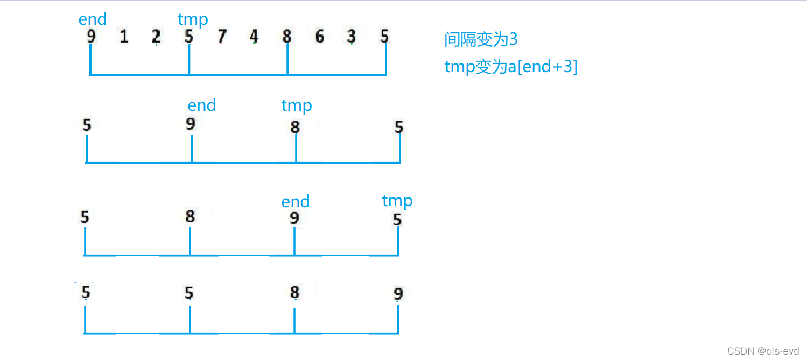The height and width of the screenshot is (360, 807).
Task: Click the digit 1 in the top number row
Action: [124, 37]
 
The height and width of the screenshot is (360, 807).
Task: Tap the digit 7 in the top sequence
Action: [222, 37]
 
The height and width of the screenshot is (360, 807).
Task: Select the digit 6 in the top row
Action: [320, 37]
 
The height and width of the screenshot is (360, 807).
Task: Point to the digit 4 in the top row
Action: [254, 37]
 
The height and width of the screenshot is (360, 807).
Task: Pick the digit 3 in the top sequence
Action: [352, 37]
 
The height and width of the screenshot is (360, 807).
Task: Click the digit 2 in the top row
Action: [156, 37]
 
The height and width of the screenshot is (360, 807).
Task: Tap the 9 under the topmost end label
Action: [91, 37]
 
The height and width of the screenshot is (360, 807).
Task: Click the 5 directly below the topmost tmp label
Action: [189, 37]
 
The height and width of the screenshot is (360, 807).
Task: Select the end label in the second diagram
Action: [202, 105]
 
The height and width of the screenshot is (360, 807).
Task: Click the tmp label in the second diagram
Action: [297, 105]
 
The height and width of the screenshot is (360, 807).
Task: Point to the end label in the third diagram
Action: [296, 202]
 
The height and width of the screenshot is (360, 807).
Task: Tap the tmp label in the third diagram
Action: [397, 201]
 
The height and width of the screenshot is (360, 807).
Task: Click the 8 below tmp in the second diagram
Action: [295, 127]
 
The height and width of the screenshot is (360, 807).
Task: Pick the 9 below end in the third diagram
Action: [294, 218]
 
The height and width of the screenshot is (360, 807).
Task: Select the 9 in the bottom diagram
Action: [398, 294]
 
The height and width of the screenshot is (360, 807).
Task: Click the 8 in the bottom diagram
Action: [294, 292]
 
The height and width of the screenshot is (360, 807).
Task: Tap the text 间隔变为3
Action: [481, 39]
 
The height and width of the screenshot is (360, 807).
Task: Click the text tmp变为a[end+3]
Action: [511, 67]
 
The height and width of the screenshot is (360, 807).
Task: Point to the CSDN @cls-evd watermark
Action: [763, 351]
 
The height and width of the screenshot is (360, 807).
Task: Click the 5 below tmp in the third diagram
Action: [397, 220]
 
